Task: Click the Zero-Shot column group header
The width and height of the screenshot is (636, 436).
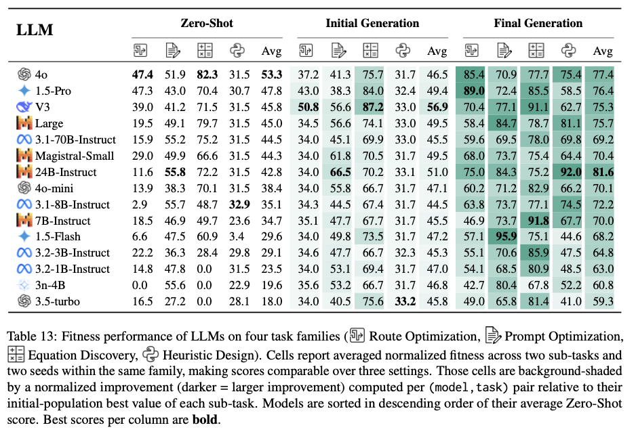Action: tap(207, 23)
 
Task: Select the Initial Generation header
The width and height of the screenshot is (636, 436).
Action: tap(372, 23)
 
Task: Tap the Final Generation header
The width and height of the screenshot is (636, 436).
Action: tap(538, 23)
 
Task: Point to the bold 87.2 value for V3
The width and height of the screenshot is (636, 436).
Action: tap(371, 106)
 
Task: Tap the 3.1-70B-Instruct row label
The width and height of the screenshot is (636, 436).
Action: tap(75, 139)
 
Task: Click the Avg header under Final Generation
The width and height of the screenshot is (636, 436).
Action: tap(603, 51)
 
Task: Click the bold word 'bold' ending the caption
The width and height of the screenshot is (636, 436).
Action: tap(204, 418)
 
